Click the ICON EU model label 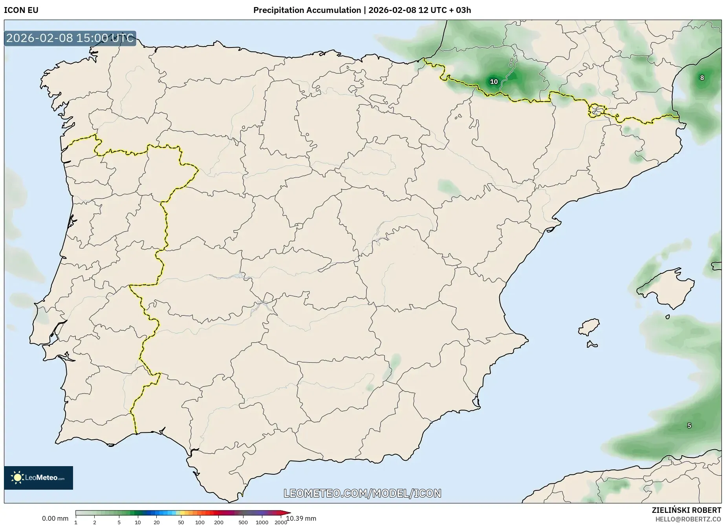coord(21,10)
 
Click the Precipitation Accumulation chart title coord(362,10)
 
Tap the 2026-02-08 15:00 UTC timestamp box coord(70,38)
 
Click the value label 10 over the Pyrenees coord(494,82)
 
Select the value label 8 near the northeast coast coord(702,78)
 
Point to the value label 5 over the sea coord(689,426)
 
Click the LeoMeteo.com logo coord(38,478)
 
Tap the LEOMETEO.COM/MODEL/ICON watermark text coord(362,493)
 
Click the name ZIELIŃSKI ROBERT coord(686,510)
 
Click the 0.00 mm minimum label coord(55,518)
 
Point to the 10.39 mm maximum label coord(301,518)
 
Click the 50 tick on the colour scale coord(181,522)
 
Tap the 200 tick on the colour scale coord(219,522)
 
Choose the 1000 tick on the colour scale coord(262,522)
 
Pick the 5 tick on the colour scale coord(119,522)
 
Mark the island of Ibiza coord(589,327)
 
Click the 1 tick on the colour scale coord(76,522)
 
